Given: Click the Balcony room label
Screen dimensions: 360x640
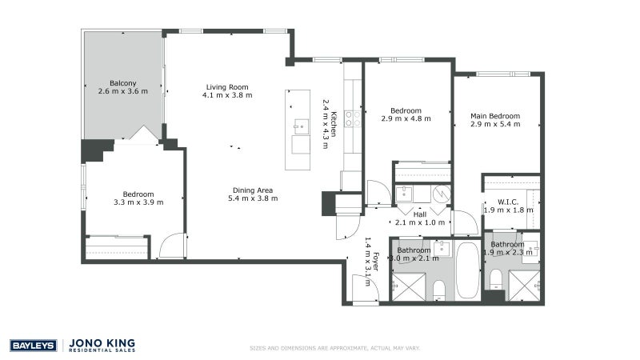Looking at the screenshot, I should (x=122, y=83).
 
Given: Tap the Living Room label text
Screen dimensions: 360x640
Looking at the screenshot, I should (x=227, y=87).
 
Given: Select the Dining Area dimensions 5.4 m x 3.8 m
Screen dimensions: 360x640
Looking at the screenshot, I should (x=253, y=198).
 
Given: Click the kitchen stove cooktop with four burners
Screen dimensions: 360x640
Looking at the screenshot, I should (x=351, y=120).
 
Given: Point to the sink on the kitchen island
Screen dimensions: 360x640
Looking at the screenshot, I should (x=300, y=126).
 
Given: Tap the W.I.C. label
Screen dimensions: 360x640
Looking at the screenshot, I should (x=510, y=202).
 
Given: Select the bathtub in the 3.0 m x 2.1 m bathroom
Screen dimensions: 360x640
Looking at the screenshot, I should (x=467, y=270).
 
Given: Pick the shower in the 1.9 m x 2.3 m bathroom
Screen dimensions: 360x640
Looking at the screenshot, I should (x=524, y=285).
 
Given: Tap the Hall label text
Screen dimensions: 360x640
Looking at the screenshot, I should (x=419, y=214).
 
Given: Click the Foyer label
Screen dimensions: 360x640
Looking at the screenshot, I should (x=376, y=262).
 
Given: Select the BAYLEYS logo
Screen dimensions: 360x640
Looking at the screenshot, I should (x=33, y=346).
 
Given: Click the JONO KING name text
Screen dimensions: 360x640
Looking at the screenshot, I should (x=102, y=342).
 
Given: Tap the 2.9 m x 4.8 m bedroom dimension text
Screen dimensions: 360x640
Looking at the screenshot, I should (x=410, y=118).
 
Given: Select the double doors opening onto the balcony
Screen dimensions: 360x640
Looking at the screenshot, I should (x=143, y=134).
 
